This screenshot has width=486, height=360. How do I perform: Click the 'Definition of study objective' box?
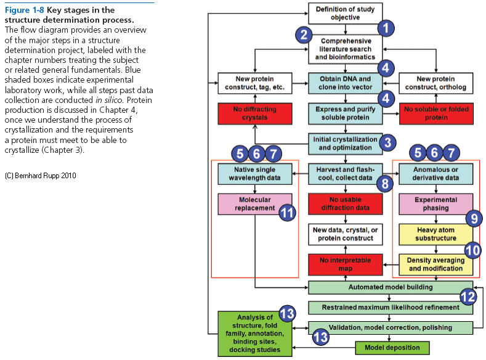pyautogui.click(x=345, y=13)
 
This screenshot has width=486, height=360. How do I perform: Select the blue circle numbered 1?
pyautogui.click(x=386, y=28)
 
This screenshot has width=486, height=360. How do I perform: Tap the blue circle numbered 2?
pyautogui.click(x=302, y=35)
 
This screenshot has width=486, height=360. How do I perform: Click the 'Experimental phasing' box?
pyautogui.click(x=435, y=204)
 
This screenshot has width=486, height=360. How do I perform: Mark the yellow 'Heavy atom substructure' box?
pyautogui.click(x=435, y=234)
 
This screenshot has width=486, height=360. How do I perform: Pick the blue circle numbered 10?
pyautogui.click(x=473, y=250)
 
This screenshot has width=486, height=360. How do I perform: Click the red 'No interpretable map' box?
pyautogui.click(x=345, y=264)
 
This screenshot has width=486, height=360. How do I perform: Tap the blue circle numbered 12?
pyautogui.click(x=468, y=297)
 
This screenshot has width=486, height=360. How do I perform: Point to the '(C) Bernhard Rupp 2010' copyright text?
pyautogui.click(x=40, y=176)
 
